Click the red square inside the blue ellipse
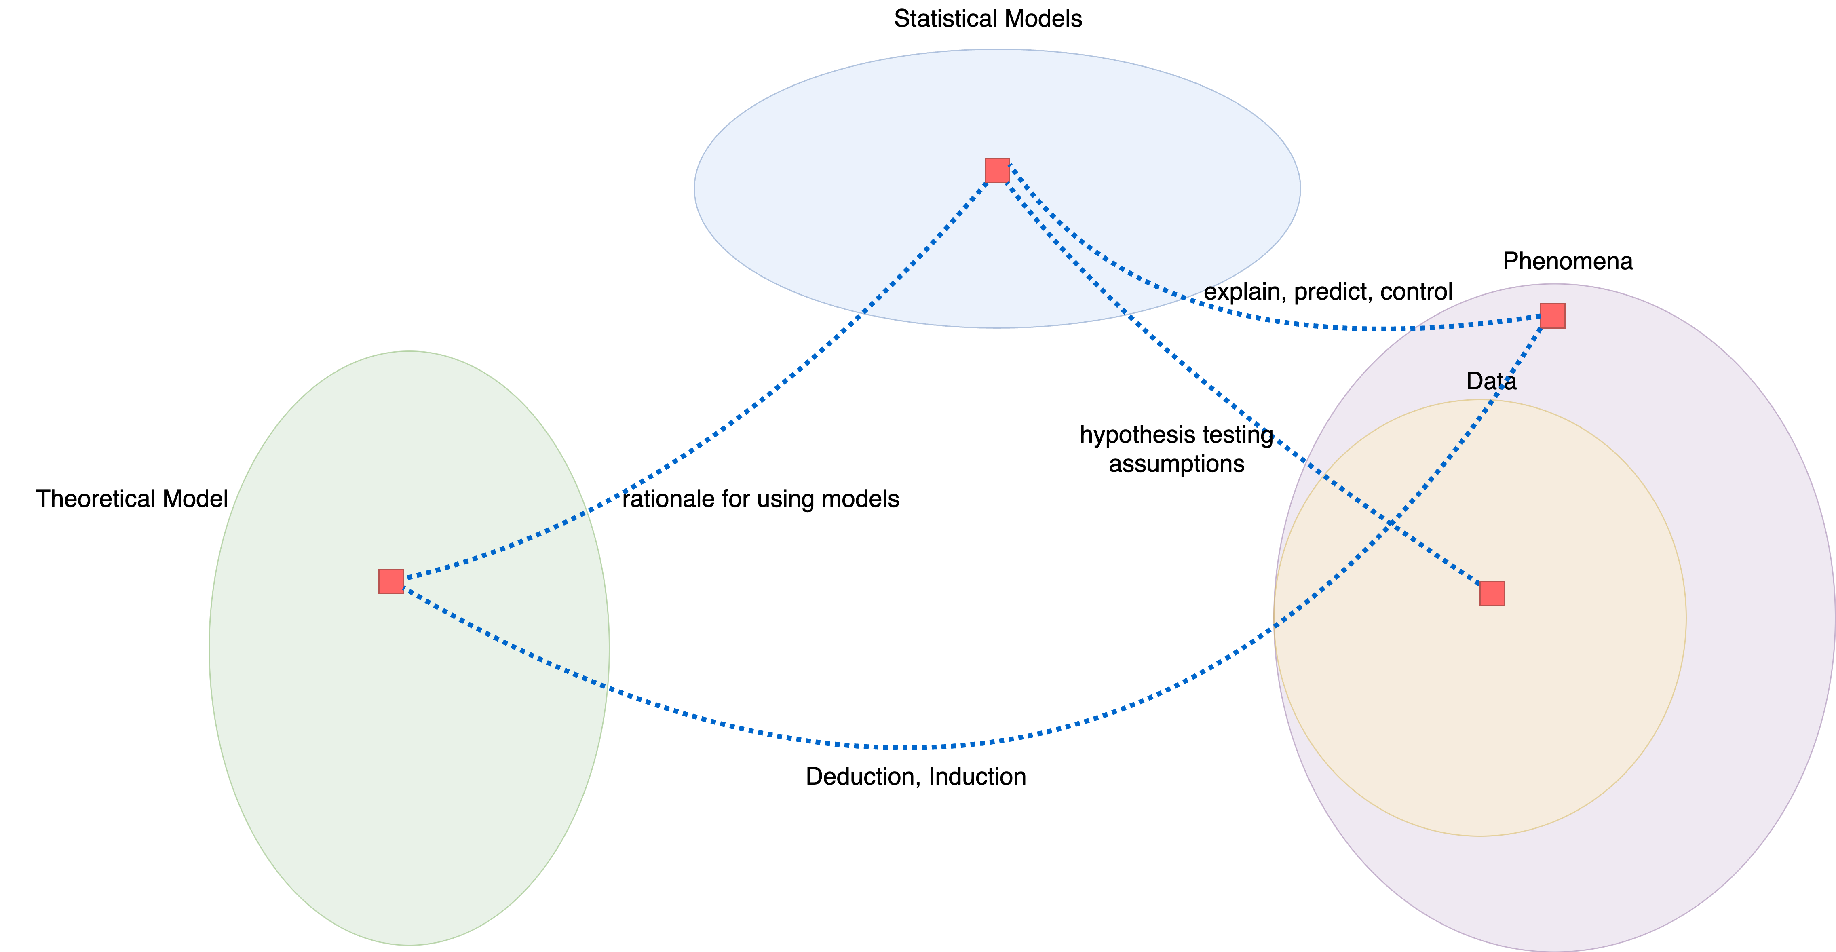tap(997, 170)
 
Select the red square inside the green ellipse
tap(390, 581)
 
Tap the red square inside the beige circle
tap(1492, 593)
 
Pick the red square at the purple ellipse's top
tap(1552, 316)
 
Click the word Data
tap(1491, 381)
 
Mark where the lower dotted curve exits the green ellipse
tap(606, 688)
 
